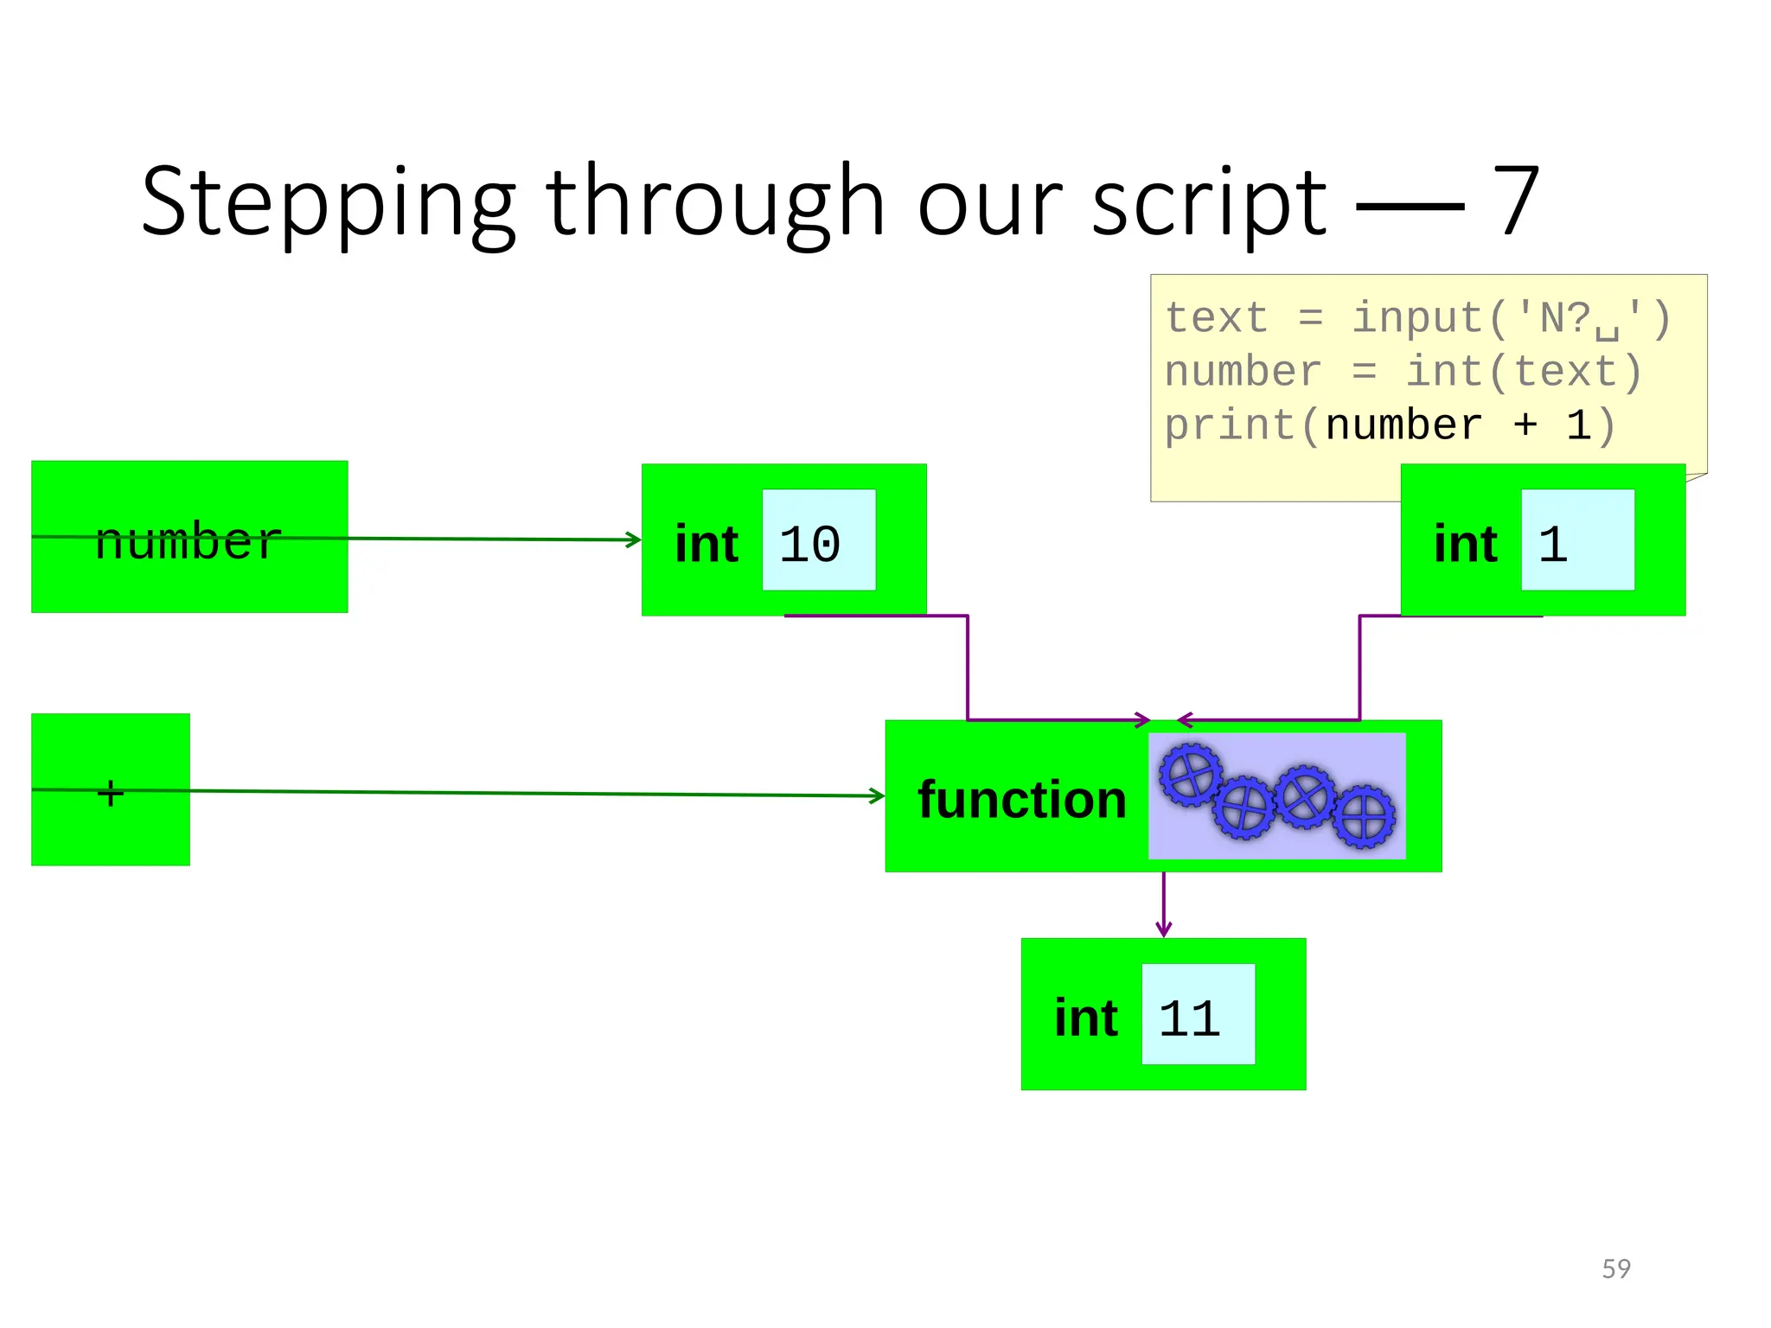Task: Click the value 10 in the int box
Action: pos(809,544)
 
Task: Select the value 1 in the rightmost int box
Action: pos(1553,544)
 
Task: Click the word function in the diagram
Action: pos(1022,799)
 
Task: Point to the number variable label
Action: pos(189,541)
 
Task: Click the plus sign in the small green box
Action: pos(111,792)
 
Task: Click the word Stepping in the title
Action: pos(329,204)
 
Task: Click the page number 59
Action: pos(1616,1268)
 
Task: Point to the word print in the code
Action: pos(1229,425)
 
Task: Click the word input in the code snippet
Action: pos(1418,318)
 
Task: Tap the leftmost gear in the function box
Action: pos(1191,775)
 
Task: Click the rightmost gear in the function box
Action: pos(1364,815)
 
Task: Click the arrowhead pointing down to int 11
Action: pos(1164,930)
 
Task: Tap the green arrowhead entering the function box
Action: pos(878,795)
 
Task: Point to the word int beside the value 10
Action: pos(706,544)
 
